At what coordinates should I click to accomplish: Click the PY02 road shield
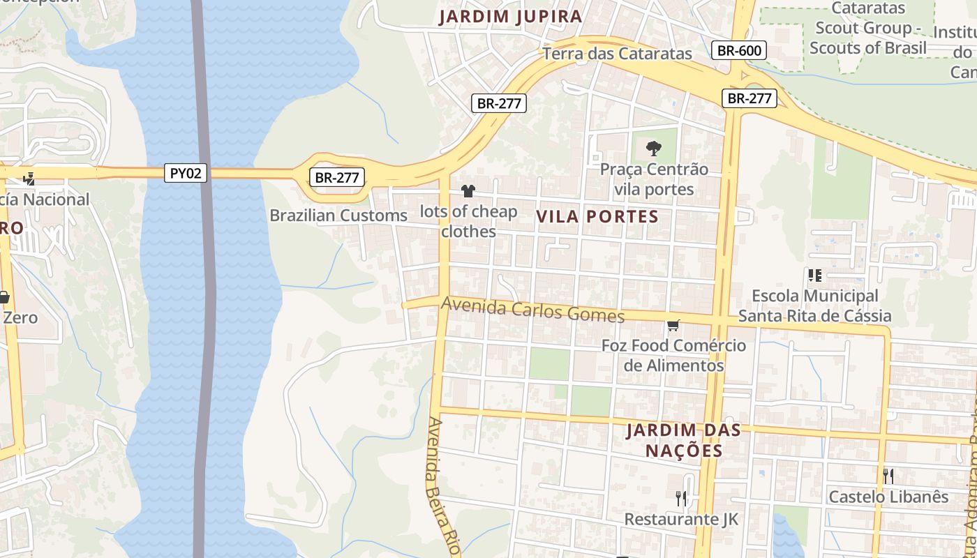click(x=186, y=173)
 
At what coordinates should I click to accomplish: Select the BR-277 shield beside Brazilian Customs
click(x=337, y=177)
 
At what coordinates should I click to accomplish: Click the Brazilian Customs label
click(x=338, y=216)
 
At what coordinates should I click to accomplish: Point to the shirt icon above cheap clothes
click(x=468, y=191)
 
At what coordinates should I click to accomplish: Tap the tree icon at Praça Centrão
click(x=653, y=148)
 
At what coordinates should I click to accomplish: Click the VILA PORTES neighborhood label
click(x=597, y=217)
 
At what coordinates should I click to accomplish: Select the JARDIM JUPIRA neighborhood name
click(x=510, y=17)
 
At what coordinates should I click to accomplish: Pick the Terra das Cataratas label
click(x=617, y=54)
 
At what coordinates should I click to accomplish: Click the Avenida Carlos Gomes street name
click(x=532, y=310)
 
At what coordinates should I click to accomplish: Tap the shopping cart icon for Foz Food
click(x=673, y=325)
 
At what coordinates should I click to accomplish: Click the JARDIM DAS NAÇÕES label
click(x=683, y=440)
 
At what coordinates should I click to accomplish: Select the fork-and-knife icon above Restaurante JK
click(x=681, y=498)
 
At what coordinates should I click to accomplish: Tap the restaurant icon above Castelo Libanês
click(x=888, y=476)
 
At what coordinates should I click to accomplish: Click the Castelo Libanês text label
click(x=888, y=497)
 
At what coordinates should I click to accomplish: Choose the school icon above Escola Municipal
click(x=814, y=276)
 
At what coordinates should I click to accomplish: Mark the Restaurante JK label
click(x=681, y=519)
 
